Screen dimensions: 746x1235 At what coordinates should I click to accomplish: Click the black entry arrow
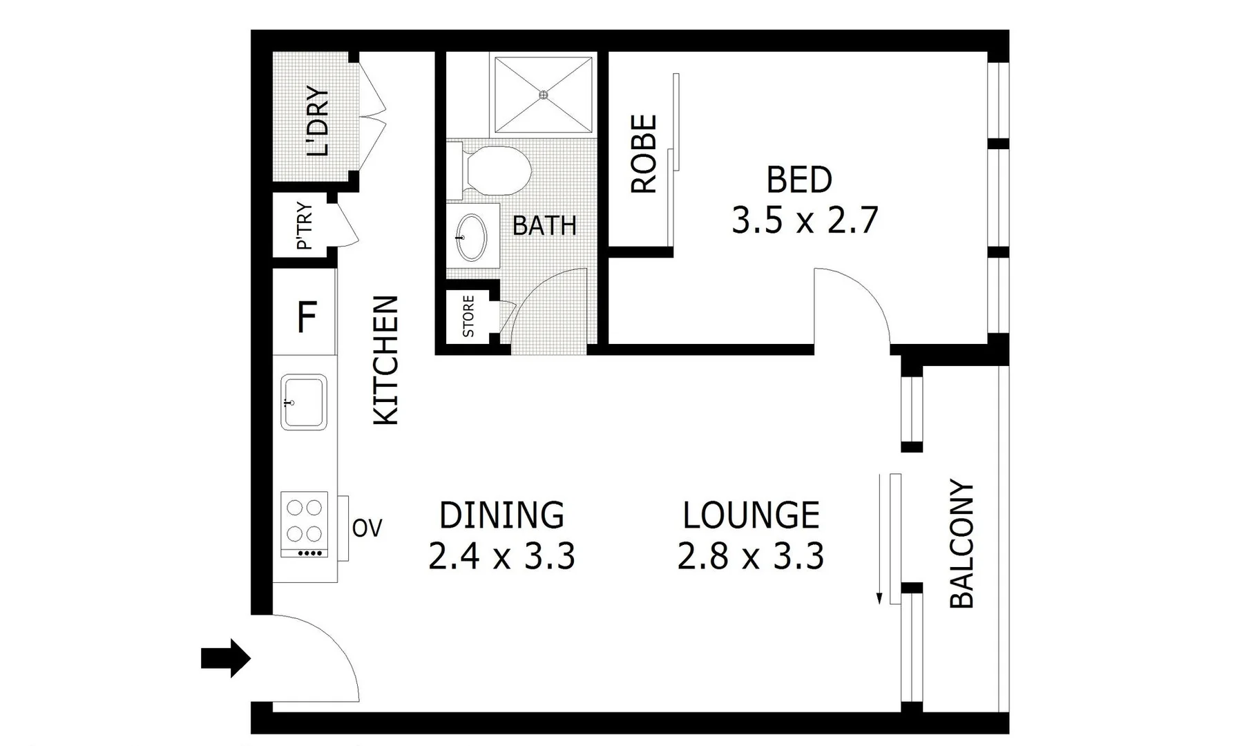pos(224,658)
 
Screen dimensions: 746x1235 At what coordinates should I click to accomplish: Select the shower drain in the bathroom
pos(544,95)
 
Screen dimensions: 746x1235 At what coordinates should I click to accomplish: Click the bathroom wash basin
pos(472,237)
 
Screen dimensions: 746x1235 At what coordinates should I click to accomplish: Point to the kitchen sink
pos(304,401)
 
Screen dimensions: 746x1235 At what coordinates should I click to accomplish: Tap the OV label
pos(367,528)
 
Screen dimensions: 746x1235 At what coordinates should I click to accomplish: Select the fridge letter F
pos(306,318)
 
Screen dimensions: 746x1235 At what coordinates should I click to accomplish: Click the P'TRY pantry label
pos(305,226)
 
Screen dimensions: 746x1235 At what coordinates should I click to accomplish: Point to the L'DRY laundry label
pos(318,122)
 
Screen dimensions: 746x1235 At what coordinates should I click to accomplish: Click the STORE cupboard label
pos(468,316)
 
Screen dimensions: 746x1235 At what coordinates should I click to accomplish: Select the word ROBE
pos(644,153)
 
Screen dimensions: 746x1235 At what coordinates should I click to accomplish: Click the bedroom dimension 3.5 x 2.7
pos(805,221)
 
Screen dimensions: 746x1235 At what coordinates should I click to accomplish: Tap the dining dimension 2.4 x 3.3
pos(501,556)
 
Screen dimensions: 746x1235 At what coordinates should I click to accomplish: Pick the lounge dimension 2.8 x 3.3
pos(751,556)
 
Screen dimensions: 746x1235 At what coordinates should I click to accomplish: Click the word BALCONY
pos(961,544)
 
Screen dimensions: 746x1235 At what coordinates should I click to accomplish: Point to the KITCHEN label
pos(386,360)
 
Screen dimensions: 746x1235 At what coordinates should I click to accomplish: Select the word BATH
pos(544,226)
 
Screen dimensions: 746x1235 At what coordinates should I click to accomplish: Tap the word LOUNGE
pos(751,515)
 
